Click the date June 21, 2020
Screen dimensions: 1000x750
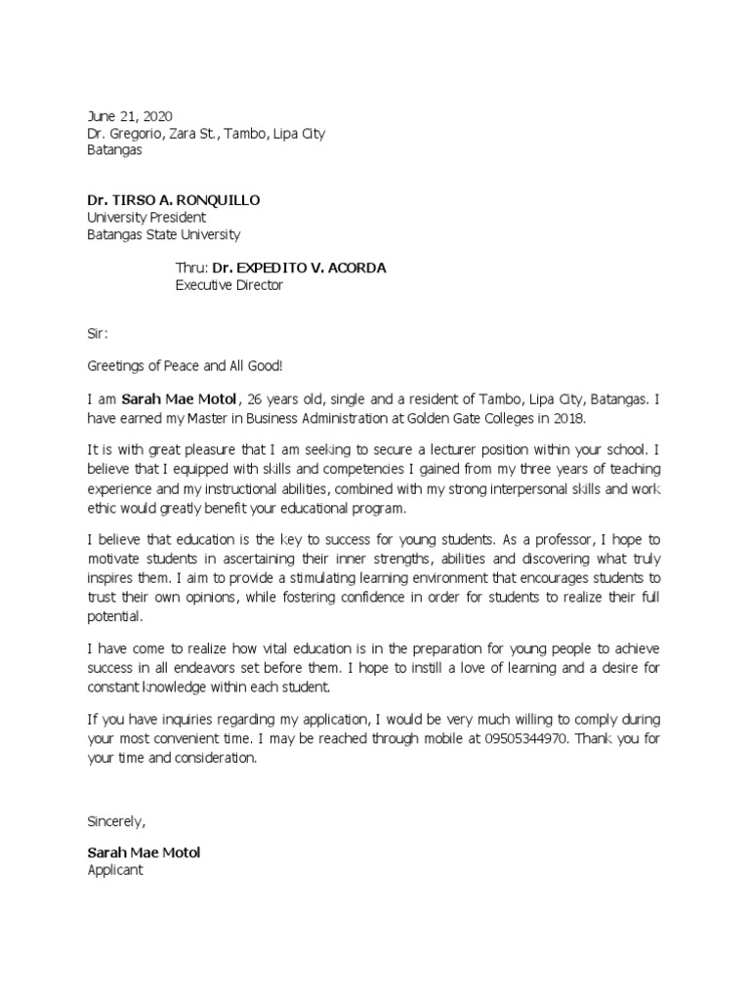coord(130,116)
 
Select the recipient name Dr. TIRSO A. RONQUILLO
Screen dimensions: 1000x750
coord(174,200)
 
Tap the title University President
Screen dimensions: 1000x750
coord(146,218)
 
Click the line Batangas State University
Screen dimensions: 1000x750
coord(163,235)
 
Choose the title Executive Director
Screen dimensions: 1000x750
coord(229,285)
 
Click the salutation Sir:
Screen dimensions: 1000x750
coord(99,333)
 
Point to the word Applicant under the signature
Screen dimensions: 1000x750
coord(115,869)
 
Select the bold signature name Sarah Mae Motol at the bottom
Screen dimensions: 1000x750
coord(144,853)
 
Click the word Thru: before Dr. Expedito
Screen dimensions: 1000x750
coord(191,268)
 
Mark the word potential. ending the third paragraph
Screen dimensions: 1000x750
coord(115,617)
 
